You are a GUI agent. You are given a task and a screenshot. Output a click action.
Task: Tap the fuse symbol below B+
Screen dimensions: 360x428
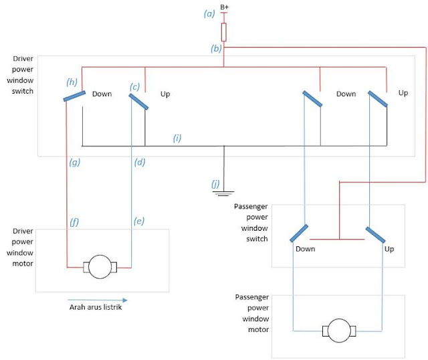point(224,31)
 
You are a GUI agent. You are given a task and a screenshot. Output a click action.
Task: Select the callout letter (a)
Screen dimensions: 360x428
point(210,13)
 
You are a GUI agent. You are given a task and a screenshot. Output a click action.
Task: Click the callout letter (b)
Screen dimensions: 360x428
point(216,49)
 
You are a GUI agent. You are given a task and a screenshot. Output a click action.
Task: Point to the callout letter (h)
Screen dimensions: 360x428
point(72,82)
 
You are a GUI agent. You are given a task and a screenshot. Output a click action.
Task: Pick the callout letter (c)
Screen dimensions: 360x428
point(135,86)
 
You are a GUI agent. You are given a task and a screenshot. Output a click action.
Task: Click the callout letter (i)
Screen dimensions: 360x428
point(177,138)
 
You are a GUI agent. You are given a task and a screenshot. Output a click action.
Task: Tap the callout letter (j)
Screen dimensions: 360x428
point(215,183)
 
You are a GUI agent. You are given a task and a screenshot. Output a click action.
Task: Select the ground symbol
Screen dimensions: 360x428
point(223,193)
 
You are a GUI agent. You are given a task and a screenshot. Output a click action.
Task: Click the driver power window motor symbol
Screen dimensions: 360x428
point(100,267)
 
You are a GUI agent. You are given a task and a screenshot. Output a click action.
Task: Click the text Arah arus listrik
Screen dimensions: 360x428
point(96,308)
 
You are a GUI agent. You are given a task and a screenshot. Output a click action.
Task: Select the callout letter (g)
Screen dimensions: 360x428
point(75,162)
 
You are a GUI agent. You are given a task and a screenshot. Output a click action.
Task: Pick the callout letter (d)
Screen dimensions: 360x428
point(140,162)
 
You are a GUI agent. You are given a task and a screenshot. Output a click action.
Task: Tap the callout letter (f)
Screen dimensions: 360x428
point(75,220)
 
